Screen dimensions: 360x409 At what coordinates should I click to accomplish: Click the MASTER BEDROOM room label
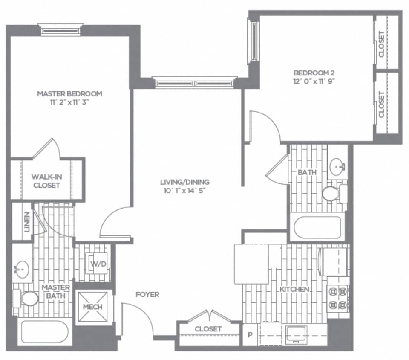pos(69,93)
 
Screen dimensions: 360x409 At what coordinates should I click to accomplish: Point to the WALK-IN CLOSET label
pos(46,181)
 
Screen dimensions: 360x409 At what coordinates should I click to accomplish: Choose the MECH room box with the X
pos(92,307)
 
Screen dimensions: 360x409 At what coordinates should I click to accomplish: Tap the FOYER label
pos(147,294)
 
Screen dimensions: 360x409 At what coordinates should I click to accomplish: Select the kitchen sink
pos(296,334)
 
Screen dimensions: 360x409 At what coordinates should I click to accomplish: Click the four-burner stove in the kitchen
pos(337,299)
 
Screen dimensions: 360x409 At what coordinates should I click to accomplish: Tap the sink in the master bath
pos(21,269)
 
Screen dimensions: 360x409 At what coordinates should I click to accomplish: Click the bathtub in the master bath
pos(44,331)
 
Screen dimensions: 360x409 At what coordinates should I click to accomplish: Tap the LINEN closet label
pos(27,222)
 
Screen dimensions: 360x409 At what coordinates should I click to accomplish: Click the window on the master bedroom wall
pos(60,30)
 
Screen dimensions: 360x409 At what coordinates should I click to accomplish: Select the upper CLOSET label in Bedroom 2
pos(381,44)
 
